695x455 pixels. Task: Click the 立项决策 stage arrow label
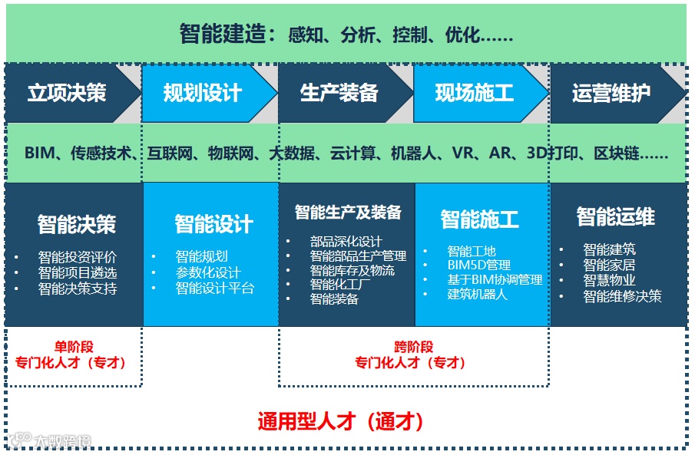point(67,94)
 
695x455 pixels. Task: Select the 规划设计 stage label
point(203,94)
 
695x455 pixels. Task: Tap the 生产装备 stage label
point(339,94)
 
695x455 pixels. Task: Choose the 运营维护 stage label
point(611,94)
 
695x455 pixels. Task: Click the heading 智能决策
point(77,224)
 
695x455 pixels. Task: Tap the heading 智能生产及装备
point(348,212)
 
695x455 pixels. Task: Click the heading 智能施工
point(479,219)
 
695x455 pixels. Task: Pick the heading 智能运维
point(615,217)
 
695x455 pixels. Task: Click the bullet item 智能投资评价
point(78,258)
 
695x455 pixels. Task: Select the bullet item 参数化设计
point(207,272)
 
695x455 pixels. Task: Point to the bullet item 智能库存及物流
point(352,270)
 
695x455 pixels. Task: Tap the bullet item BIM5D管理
point(478,265)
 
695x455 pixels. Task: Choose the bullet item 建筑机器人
point(477,295)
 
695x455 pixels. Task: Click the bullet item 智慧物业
point(609,280)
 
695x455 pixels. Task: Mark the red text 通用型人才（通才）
point(340,421)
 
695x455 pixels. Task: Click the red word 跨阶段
point(413,347)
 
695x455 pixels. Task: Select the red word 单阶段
point(74,347)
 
